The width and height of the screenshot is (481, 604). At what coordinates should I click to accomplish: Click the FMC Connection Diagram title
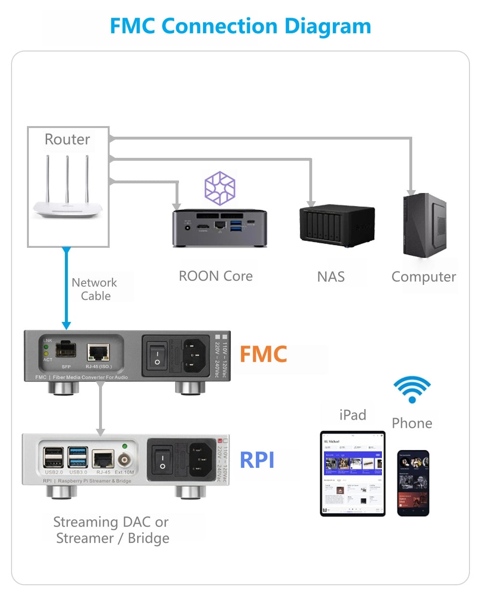point(240,26)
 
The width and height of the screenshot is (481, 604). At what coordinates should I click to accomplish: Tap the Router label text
point(67,140)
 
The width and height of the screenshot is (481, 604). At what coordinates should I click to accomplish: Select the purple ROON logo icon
point(220,188)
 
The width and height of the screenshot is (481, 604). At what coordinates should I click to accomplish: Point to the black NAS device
point(336,225)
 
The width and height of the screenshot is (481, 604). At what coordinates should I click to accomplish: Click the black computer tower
point(425,225)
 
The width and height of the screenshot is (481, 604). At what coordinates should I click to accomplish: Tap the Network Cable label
point(95,289)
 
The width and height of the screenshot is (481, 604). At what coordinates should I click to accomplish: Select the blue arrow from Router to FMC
point(66,289)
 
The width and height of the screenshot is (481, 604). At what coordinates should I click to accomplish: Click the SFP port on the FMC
point(65,350)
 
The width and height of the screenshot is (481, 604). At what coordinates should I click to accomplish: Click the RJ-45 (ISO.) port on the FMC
point(98,353)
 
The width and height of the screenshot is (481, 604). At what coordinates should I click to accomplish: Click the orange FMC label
point(263,355)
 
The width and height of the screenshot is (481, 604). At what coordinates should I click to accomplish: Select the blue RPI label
point(257,460)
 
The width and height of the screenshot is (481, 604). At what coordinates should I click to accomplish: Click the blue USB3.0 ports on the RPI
point(77,457)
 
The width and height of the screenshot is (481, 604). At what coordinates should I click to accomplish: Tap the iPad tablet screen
point(353,473)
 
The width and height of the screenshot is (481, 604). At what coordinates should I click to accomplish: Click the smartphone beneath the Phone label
point(413,483)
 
